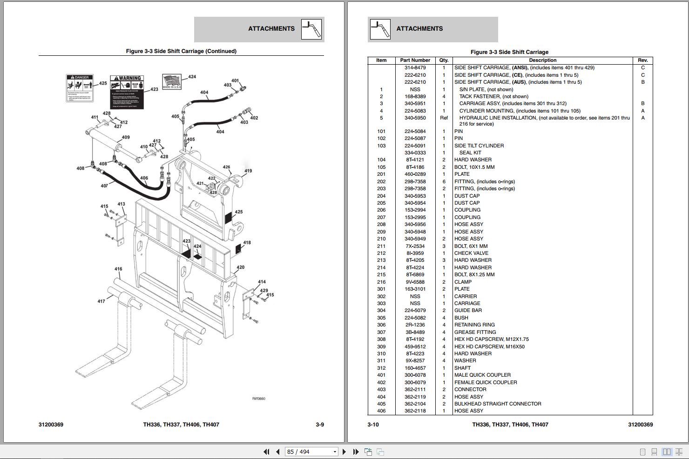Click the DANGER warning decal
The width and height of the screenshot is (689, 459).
pos(80,88)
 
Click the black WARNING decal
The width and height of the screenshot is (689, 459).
pos(127,92)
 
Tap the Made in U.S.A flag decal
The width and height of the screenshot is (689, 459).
pos(172,81)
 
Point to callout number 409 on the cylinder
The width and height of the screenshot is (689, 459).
pos(126,137)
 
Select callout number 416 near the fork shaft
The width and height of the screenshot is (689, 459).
pos(118,269)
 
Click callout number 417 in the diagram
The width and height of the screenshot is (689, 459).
pos(101,301)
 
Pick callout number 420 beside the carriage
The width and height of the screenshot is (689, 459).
pos(240,267)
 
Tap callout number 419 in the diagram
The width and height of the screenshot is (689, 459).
pos(248,171)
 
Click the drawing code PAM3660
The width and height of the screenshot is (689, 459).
pos(259,399)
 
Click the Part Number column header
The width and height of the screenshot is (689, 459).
pos(415,60)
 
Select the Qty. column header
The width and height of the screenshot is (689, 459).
pos(444,60)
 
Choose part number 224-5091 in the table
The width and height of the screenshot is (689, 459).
pos(415,146)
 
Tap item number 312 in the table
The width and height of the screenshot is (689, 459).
pos(381,368)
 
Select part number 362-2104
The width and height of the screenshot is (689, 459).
pos(415,404)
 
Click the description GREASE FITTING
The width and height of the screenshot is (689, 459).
pos(475,332)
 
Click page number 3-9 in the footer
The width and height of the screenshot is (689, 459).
pos(320,425)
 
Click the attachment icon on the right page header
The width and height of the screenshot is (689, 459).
pos(380,29)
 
